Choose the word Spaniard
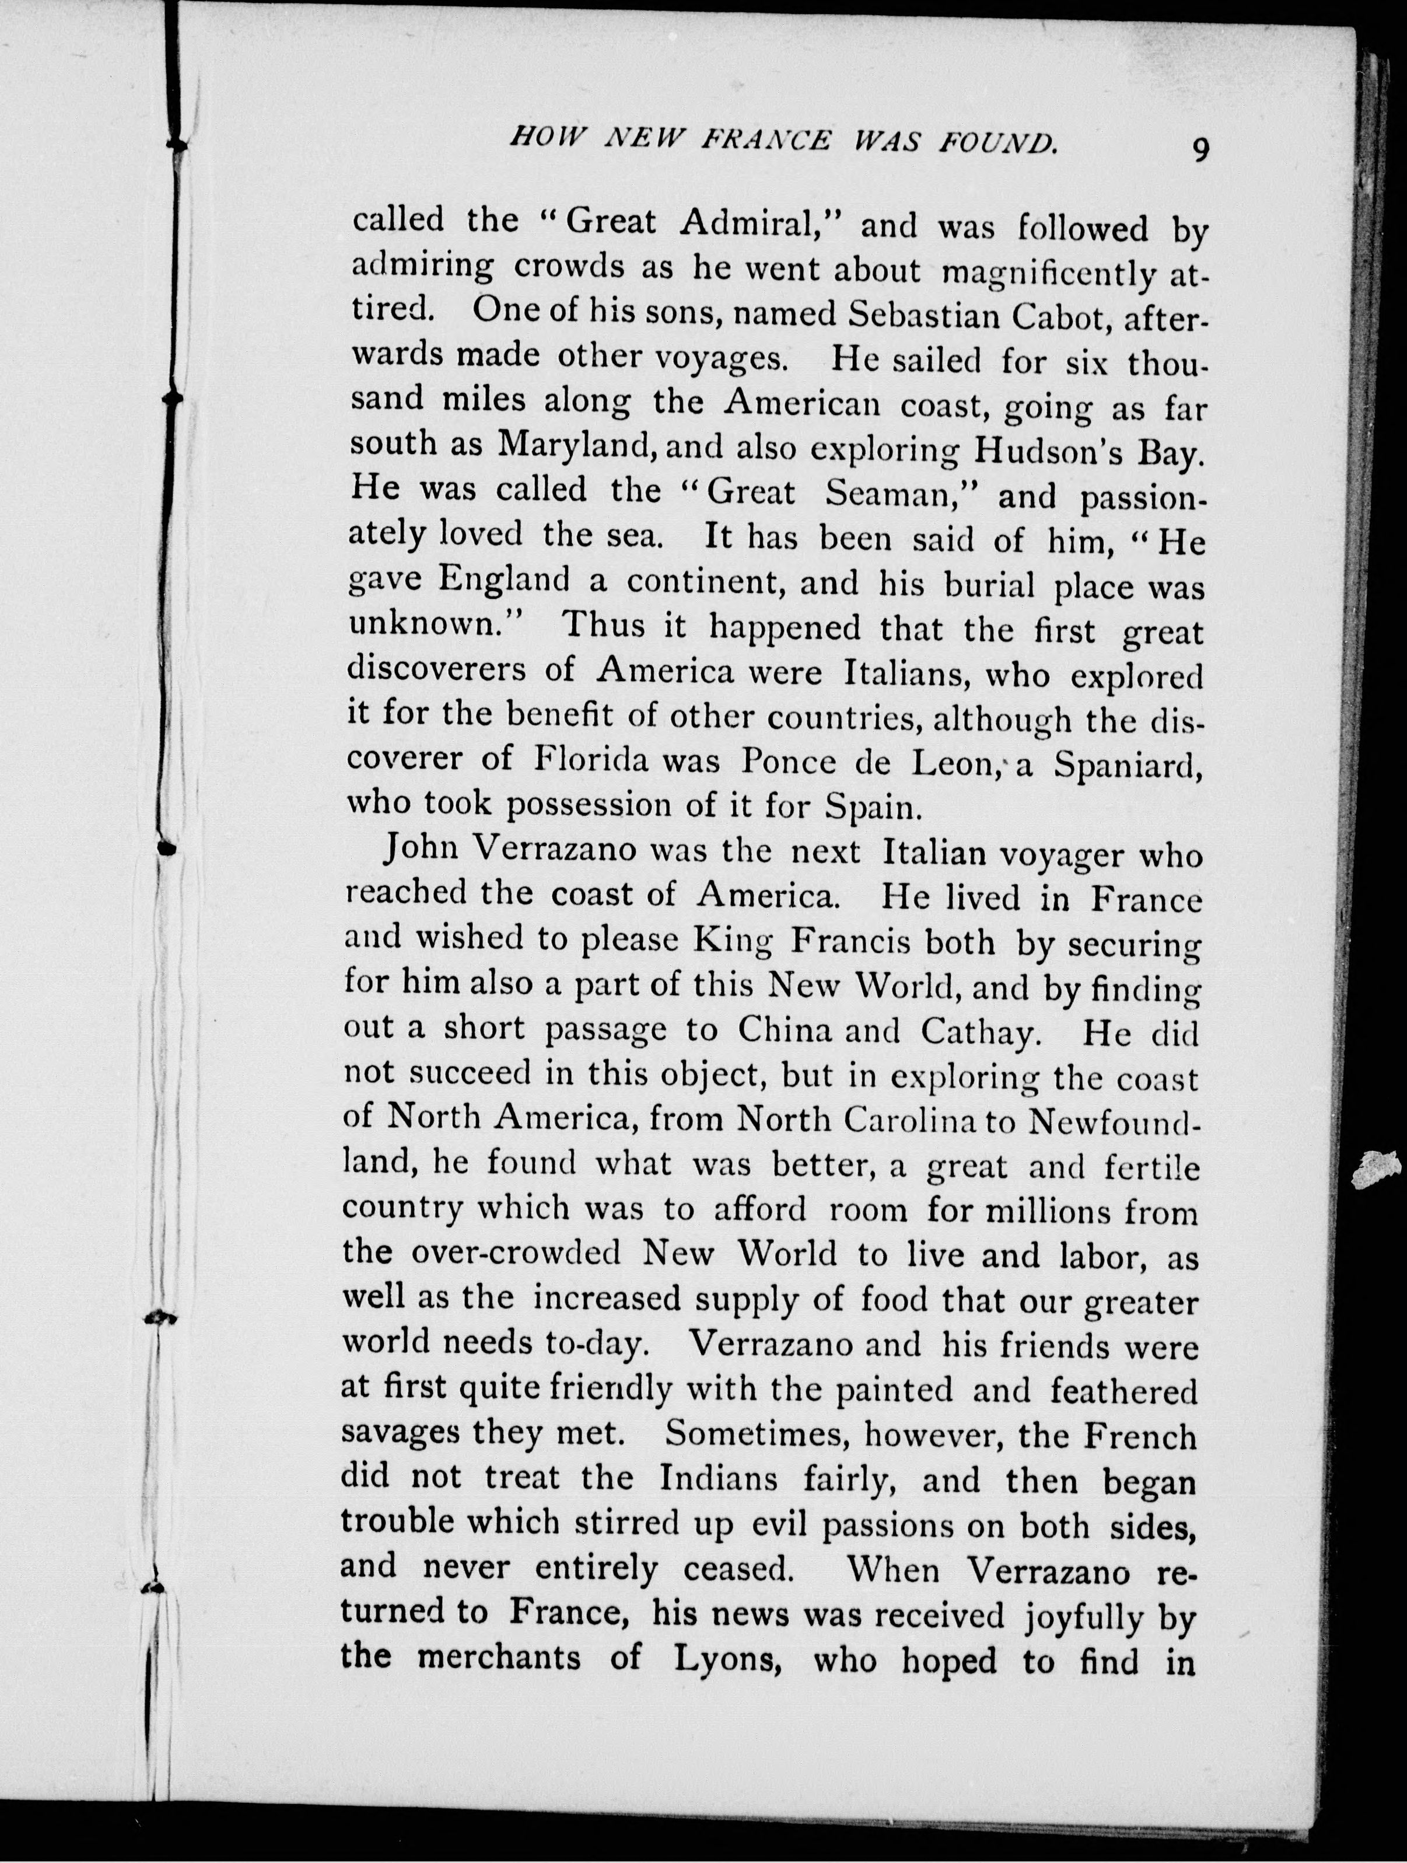(1126, 766)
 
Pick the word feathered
(1123, 1390)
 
